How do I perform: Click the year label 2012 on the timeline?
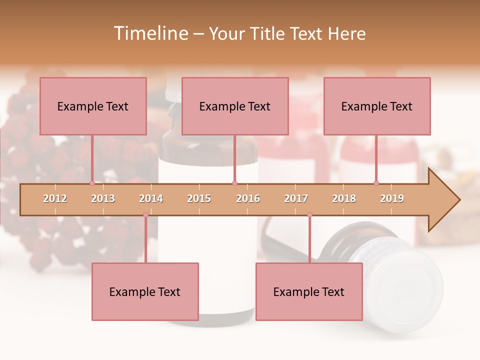tap(55, 198)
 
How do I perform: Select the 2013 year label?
tap(103, 198)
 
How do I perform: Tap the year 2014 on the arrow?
tap(151, 198)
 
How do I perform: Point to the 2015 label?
tap(199, 198)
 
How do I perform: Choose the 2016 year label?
tap(248, 198)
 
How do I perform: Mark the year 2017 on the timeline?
tap(296, 198)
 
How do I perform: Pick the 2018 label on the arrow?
tap(344, 198)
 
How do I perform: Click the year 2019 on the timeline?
tap(392, 198)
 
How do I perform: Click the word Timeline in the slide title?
tap(150, 33)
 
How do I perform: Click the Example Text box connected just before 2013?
tap(93, 106)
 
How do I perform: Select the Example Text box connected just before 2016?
tap(235, 106)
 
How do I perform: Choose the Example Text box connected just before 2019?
tap(377, 106)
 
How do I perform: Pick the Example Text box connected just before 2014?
tap(145, 291)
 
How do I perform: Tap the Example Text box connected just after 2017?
tap(309, 291)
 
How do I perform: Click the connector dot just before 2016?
tap(235, 183)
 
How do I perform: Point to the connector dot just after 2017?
tap(309, 215)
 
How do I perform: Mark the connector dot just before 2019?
tap(376, 183)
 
